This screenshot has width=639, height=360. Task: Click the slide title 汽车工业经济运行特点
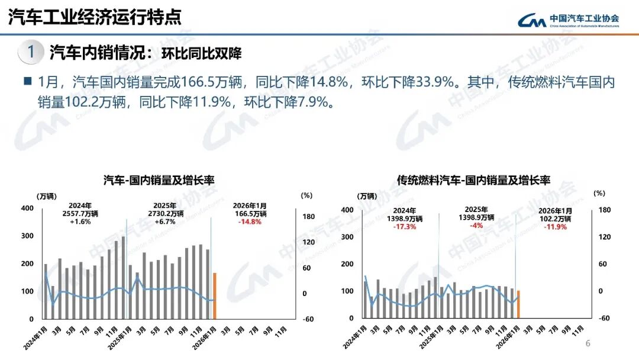click(95, 17)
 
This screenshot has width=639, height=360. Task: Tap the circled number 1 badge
click(30, 53)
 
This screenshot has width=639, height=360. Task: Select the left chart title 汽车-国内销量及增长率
click(159, 179)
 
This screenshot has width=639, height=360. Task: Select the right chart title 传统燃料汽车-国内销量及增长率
click(473, 179)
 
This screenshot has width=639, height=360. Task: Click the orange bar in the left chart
click(215, 295)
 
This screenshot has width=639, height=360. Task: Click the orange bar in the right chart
click(518, 304)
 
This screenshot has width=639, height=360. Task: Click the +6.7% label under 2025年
click(165, 221)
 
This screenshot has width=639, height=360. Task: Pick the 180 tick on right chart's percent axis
click(604, 210)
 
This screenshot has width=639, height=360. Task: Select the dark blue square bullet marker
click(27, 81)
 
